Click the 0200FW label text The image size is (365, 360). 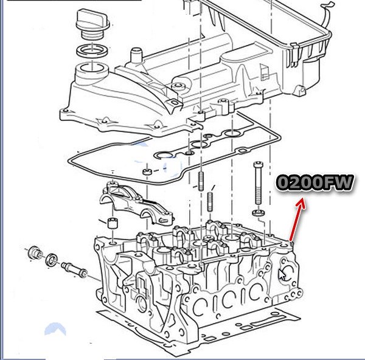point(315,182)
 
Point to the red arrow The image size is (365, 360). point(297,220)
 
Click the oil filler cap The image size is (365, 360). point(93,23)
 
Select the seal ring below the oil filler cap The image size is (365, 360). point(92,50)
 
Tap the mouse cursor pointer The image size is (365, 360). point(282,275)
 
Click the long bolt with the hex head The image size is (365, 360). point(258,183)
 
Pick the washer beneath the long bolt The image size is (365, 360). point(259,212)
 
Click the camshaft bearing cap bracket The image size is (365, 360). point(137,204)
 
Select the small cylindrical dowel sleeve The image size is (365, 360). point(112,223)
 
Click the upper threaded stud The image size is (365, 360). point(201,181)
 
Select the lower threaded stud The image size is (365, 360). point(210,201)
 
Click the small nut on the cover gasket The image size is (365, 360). point(147,172)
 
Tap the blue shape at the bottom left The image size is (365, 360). point(55,328)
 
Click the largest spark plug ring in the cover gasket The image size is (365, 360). point(164,155)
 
